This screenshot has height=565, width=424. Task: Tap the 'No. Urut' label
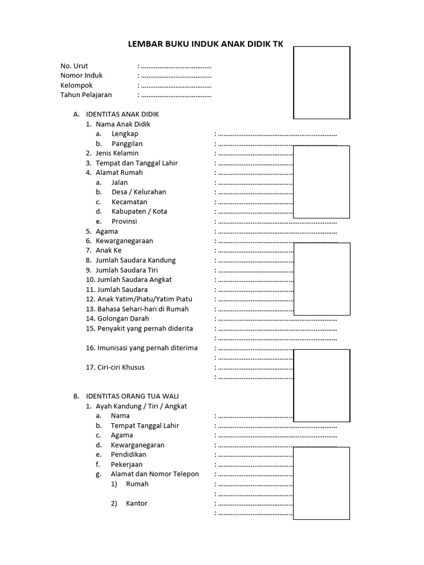[x=74, y=66]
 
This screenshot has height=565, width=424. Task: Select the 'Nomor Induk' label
[x=81, y=76]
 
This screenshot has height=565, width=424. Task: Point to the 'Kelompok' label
[x=76, y=86]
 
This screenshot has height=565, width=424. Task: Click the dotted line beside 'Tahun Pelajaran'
[x=176, y=95]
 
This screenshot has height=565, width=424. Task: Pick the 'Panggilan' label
[x=127, y=143]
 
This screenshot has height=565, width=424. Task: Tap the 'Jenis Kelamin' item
[x=117, y=153]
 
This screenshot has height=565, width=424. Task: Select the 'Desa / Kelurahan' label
[x=139, y=192]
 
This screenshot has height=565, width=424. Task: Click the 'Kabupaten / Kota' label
[x=139, y=211]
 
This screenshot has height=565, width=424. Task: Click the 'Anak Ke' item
[x=109, y=250]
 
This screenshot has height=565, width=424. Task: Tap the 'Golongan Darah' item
[x=122, y=318]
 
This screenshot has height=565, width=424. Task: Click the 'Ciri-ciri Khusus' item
[x=120, y=367]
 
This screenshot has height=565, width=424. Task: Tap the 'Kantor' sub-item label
[x=136, y=503]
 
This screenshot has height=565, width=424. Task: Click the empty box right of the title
[x=322, y=83]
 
